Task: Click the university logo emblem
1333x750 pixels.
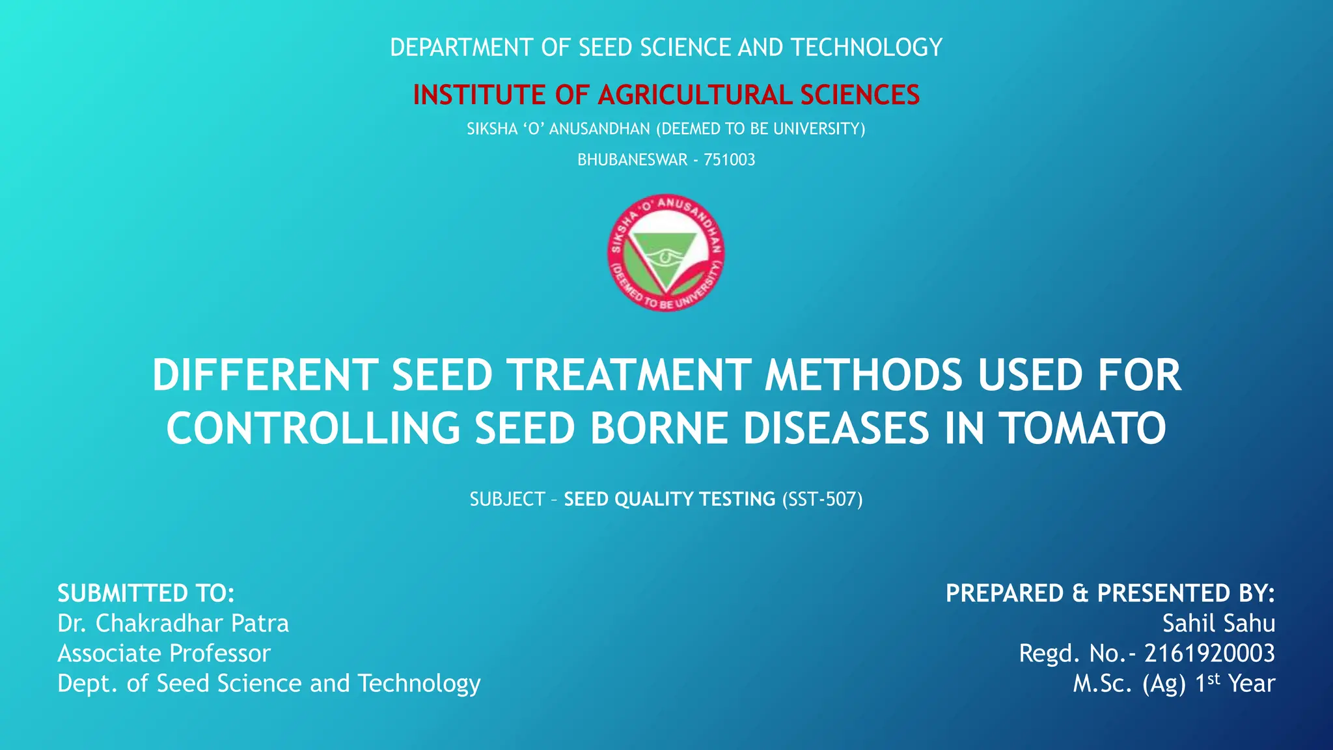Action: [x=666, y=253]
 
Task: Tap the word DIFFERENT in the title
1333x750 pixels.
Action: [x=265, y=376]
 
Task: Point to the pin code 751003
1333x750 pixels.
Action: [x=729, y=160]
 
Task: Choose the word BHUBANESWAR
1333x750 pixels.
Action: [x=632, y=160]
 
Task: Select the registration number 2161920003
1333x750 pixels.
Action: [x=1209, y=653]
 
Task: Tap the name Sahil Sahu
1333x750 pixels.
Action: [x=1218, y=624]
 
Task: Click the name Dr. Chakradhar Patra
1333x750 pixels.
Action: [x=173, y=624]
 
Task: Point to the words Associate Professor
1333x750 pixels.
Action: [x=164, y=654]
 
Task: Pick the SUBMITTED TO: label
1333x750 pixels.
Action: [x=146, y=594]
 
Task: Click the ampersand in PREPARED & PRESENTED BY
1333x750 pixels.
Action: [x=1080, y=594]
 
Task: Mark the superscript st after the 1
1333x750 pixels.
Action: [x=1214, y=679]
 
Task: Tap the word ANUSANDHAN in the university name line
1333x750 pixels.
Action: [x=599, y=130]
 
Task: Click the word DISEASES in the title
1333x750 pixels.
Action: [x=836, y=428]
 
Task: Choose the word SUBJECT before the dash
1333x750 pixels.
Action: [x=507, y=499]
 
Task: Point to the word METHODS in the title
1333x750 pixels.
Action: [x=863, y=376]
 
